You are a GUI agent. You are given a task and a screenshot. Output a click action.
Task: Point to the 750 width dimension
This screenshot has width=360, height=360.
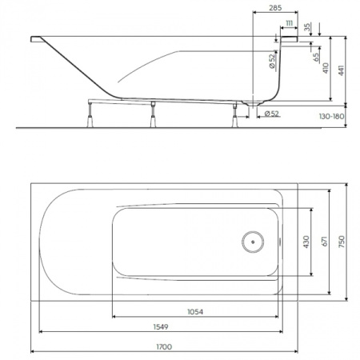[342, 242]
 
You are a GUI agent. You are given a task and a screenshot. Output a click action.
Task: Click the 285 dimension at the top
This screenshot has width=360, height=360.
[275, 8]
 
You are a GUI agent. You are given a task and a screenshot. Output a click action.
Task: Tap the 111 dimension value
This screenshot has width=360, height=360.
[288, 23]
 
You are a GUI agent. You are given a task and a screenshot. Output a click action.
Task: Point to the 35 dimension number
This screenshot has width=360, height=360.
[306, 30]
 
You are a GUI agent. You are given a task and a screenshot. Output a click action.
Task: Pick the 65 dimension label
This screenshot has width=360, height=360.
[316, 56]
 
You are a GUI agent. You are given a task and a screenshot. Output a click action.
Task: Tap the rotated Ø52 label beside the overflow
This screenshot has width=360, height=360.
[272, 61]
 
